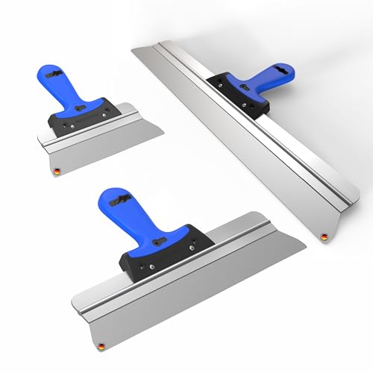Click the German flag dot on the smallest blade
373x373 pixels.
pos(54,172)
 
